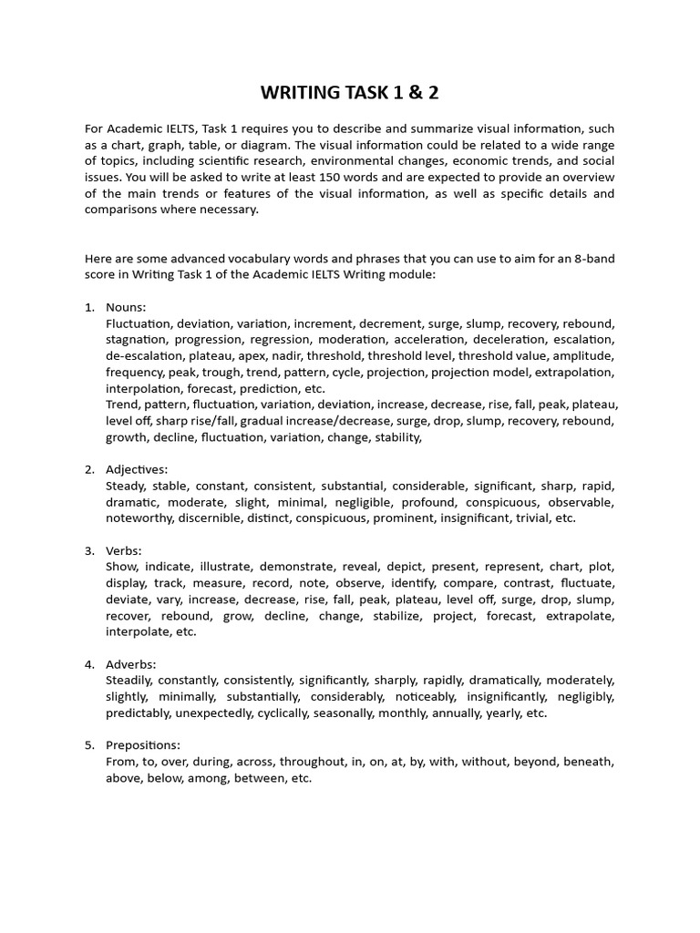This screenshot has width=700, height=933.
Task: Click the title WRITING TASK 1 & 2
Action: (x=349, y=93)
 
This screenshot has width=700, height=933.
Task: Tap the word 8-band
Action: (x=591, y=259)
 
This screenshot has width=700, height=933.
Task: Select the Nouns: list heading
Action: (x=126, y=308)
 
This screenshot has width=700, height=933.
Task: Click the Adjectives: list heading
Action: (x=137, y=469)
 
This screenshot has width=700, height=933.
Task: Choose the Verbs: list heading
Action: (x=125, y=550)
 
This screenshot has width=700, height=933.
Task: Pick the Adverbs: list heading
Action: (x=131, y=664)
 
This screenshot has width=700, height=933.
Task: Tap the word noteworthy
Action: (x=141, y=518)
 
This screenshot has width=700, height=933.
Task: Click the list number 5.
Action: (x=89, y=745)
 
